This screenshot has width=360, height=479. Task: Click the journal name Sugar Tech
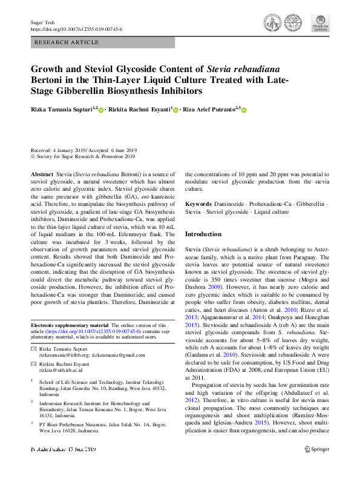click(42, 22)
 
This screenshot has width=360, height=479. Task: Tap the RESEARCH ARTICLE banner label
click(67, 42)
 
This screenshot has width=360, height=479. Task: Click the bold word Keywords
click(198, 205)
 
